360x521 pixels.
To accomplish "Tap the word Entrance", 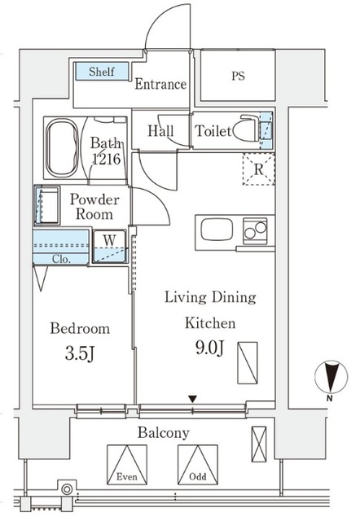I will point(160,84).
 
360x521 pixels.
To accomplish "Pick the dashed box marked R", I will point(258,170).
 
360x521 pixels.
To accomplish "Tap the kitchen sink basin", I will point(217,230).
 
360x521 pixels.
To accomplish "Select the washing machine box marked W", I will point(109,247).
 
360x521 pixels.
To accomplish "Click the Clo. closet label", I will point(62,260).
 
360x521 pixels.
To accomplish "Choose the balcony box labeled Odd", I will point(198,466).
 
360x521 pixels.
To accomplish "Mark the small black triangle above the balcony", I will point(192,398).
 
